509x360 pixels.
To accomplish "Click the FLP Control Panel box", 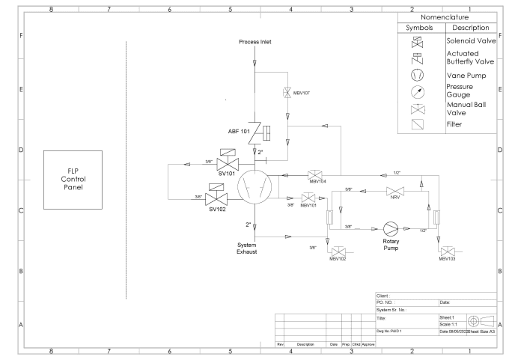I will [x=78, y=179].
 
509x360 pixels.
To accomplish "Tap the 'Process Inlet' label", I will [x=254, y=42].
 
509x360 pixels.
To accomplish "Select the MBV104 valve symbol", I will [x=316, y=174].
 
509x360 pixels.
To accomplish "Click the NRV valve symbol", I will [x=391, y=191].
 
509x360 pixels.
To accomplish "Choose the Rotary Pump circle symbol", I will [x=388, y=228].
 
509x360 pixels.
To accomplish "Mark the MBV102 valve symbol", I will [x=340, y=250].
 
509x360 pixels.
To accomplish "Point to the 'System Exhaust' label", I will [x=248, y=248].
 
